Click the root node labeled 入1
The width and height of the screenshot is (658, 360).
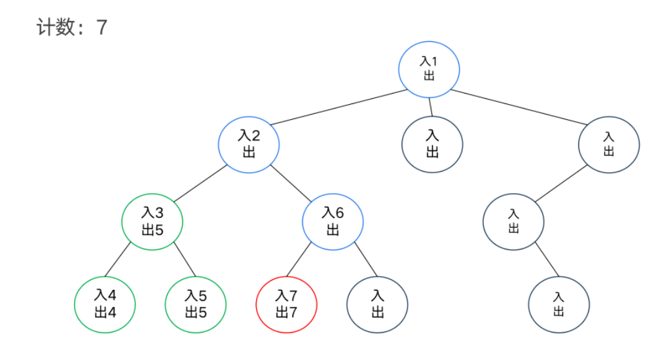[429, 68]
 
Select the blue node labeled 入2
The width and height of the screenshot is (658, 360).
[249, 143]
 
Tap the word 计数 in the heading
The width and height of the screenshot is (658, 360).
[54, 27]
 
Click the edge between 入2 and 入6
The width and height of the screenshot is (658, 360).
[290, 182]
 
